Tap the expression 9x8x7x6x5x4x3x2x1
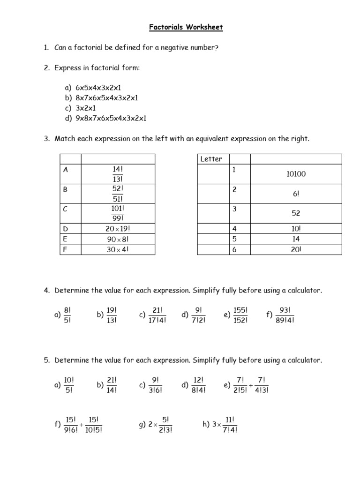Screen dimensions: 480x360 coord(111,118)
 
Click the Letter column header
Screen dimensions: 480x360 coord(211,159)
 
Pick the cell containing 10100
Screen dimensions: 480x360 coord(295,174)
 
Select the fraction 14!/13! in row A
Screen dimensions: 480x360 coord(118,174)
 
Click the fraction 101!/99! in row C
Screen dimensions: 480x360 coord(118,213)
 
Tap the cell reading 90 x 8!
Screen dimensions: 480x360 coord(118,239)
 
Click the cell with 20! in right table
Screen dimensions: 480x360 coord(295,249)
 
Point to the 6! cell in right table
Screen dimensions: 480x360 coord(295,194)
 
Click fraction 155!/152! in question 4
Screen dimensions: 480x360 coord(240,315)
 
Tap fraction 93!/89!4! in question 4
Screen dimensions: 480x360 coord(285,315)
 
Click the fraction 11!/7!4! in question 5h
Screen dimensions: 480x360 coord(230,424)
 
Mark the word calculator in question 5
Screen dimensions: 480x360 coord(305,360)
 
